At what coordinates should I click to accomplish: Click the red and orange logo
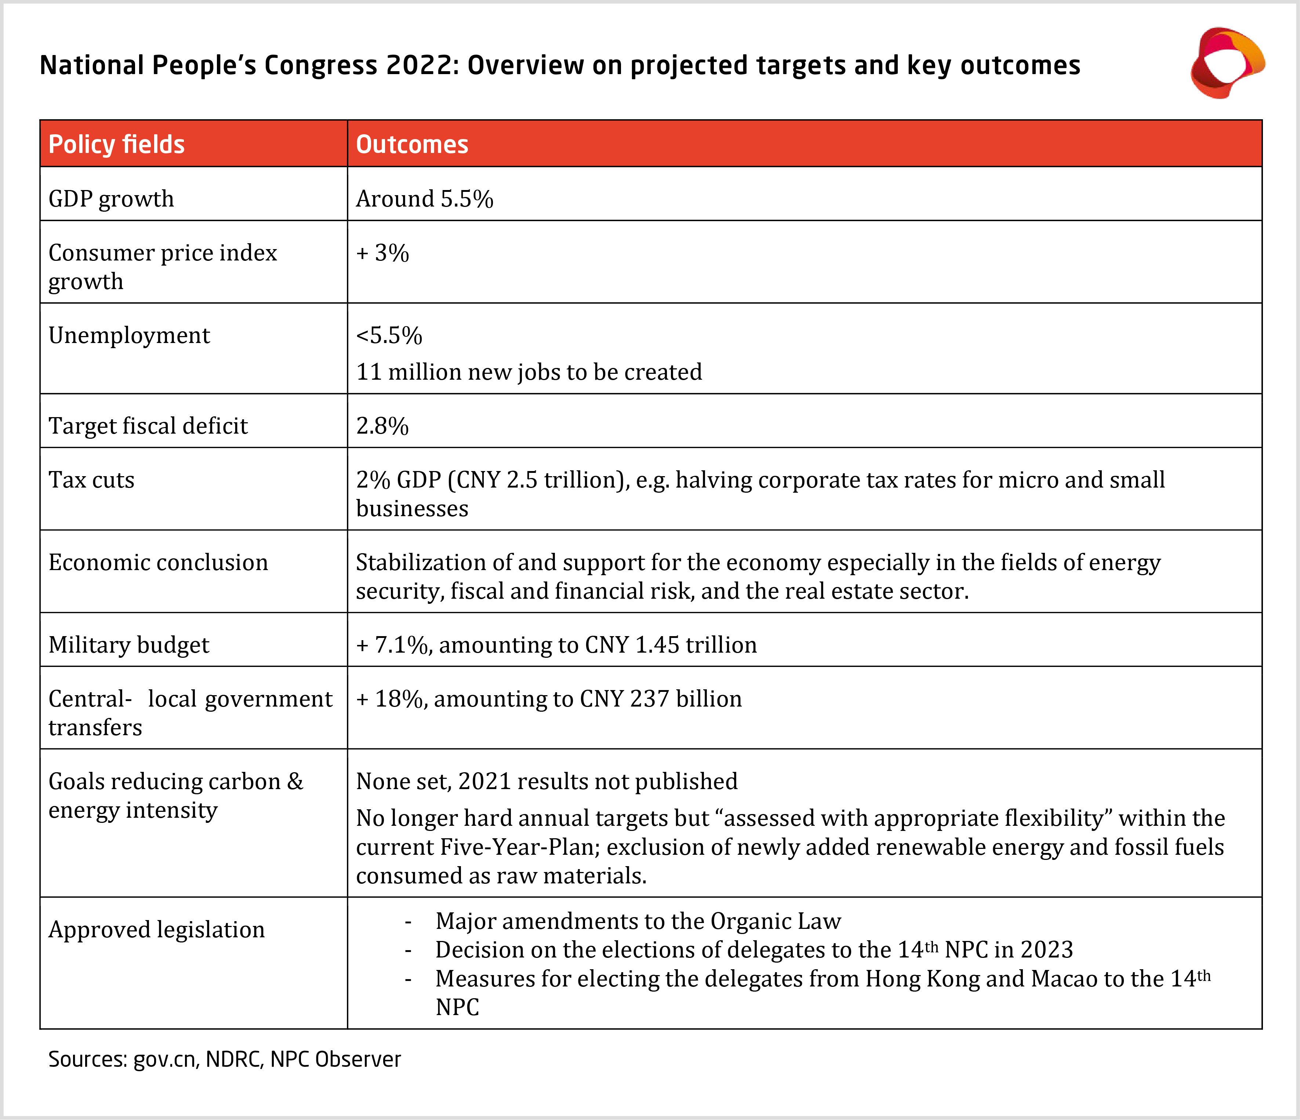pyautogui.click(x=1227, y=63)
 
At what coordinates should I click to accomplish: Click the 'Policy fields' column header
pyautogui.click(x=117, y=144)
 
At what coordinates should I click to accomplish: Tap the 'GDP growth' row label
pyautogui.click(x=111, y=199)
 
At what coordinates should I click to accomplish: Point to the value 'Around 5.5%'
pyautogui.click(x=424, y=199)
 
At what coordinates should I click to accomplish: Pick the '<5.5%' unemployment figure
pyautogui.click(x=389, y=336)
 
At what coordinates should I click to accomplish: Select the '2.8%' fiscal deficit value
pyautogui.click(x=382, y=426)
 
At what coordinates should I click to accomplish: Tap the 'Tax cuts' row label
pyautogui.click(x=92, y=480)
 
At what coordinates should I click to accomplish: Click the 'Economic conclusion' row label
pyautogui.click(x=158, y=562)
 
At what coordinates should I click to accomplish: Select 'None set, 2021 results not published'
pyautogui.click(x=546, y=781)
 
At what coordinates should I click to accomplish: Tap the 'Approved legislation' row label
pyautogui.click(x=156, y=929)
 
